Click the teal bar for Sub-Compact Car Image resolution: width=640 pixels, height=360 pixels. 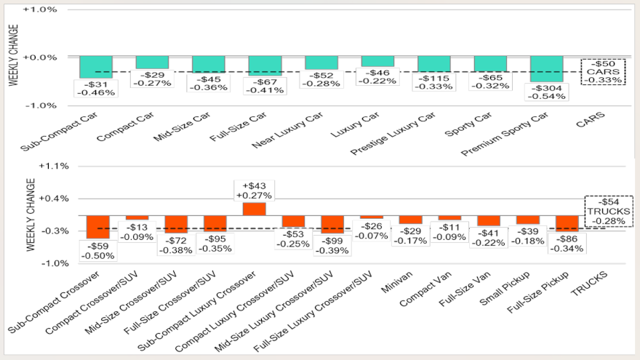[96, 67]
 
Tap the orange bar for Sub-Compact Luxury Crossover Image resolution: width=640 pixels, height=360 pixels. [254, 209]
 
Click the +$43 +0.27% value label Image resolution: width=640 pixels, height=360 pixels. [254, 190]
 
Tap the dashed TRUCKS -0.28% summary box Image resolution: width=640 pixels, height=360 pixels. [608, 211]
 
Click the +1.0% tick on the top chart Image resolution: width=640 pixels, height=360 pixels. [41, 10]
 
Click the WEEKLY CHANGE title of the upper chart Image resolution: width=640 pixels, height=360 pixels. [12, 57]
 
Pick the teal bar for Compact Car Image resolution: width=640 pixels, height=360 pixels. [152, 63]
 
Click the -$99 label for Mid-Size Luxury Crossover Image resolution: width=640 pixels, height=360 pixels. [332, 245]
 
